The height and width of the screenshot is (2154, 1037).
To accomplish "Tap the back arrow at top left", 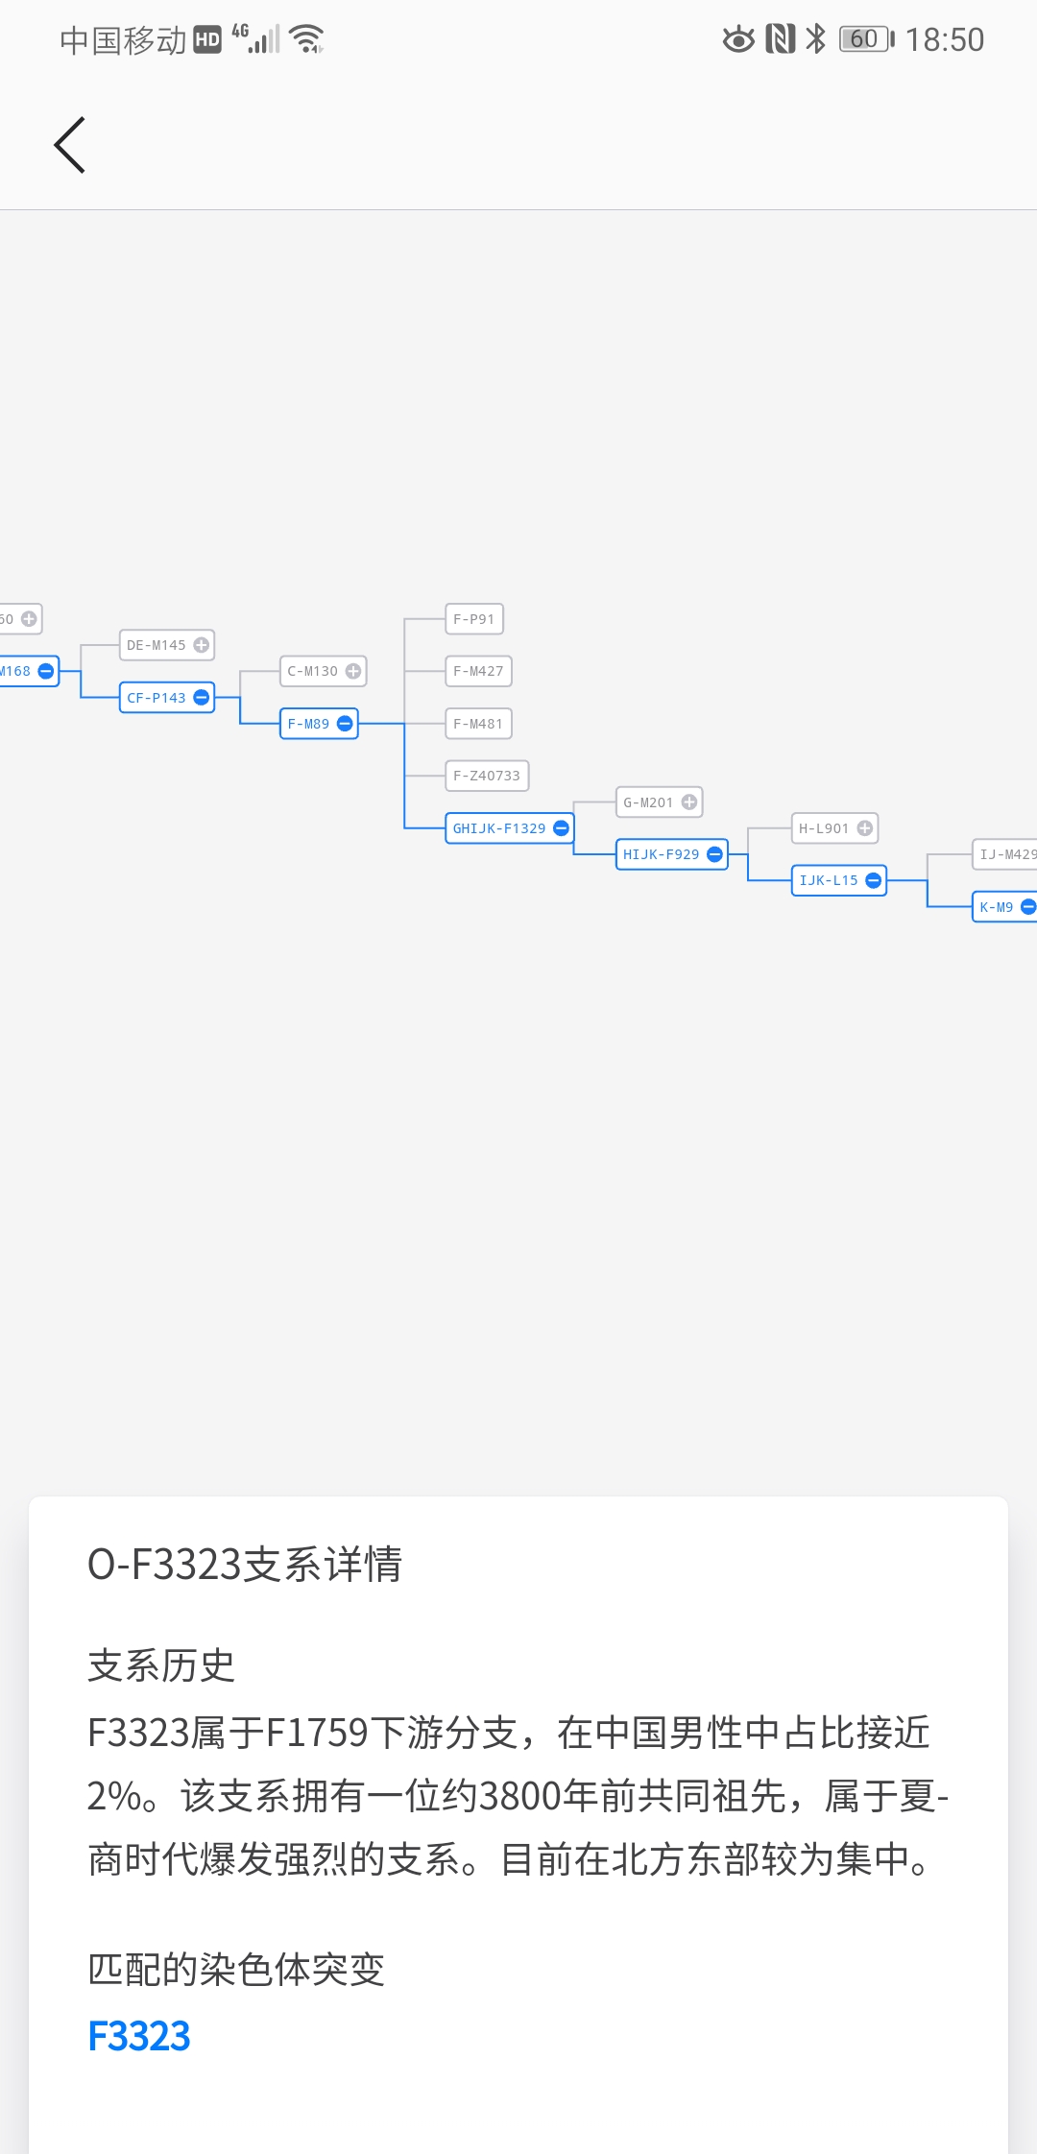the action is tap(69, 145).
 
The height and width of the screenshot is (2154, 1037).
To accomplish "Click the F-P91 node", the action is tap(474, 619).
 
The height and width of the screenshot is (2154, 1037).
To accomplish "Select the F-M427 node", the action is tap(478, 671).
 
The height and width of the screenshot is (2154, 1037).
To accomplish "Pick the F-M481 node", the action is tap(478, 724).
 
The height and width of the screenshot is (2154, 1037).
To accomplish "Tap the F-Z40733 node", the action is tap(487, 776).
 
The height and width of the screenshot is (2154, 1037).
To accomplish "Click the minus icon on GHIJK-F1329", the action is tap(562, 828).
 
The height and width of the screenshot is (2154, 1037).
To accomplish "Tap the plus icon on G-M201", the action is tap(689, 802).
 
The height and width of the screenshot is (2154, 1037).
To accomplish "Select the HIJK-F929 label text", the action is tap(662, 854).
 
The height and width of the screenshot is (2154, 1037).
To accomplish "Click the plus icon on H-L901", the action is tap(865, 828).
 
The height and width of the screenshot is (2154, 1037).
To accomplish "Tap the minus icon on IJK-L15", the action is tap(874, 880).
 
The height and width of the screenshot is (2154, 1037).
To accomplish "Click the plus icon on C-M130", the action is tap(353, 671).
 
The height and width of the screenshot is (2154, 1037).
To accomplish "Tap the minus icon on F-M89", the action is tap(345, 724).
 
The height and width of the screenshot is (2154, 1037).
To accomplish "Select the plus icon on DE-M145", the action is tap(201, 645).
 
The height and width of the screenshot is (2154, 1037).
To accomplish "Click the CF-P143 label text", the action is tap(157, 698).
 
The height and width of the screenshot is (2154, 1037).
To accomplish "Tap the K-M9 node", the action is tap(1004, 907).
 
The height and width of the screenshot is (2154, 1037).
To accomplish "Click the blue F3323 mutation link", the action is tap(139, 2036).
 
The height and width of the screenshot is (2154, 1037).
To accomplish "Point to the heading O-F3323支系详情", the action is tap(245, 1565).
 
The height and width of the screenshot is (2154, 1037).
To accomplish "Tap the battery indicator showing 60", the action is tap(867, 38).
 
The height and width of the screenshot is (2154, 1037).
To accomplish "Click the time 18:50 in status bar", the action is tap(945, 39).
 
